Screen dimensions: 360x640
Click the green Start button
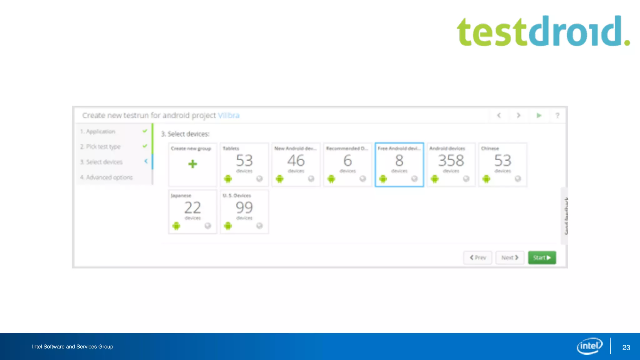542,257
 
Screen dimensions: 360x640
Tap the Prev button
477,257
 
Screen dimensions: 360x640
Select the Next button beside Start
510,257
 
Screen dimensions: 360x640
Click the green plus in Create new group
192,164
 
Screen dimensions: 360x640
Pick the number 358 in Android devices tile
451,161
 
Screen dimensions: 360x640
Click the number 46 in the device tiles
296,161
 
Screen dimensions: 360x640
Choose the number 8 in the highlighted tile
399,161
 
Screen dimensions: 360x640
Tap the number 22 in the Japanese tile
192,207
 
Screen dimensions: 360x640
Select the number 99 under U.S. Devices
244,207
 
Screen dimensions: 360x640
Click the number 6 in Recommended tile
347,161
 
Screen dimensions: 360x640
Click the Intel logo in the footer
589,346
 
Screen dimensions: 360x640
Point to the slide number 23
626,347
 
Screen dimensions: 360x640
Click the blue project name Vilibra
229,115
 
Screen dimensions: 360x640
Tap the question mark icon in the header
557,115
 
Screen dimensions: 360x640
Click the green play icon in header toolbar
539,115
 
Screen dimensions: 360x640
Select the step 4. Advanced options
106,177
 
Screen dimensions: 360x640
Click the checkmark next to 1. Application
145,131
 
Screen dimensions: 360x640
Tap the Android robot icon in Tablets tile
228,179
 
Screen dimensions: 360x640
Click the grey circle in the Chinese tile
518,178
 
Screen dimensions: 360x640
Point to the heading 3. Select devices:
185,134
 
